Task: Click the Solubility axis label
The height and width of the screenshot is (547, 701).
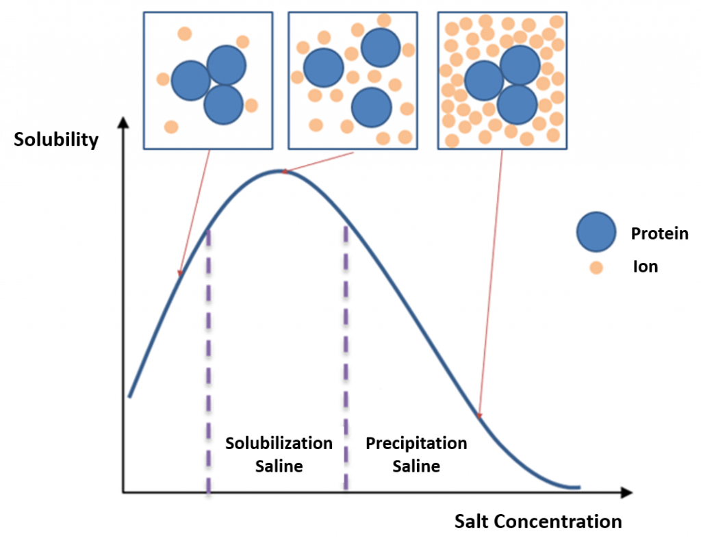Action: [56, 140]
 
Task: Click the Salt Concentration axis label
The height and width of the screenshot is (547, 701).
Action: [538, 522]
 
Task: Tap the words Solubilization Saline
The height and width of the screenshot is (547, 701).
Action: [279, 455]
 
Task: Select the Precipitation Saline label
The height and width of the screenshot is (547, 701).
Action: [416, 455]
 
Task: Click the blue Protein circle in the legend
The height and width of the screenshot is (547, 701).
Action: [596, 231]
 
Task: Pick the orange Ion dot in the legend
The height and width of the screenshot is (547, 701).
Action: [596, 268]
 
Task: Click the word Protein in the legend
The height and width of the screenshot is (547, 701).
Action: [659, 233]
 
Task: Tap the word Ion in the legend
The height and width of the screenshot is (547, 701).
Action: [646, 266]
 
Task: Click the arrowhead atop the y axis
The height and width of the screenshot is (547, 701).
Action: [123, 123]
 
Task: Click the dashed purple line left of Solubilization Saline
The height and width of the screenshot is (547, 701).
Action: [208, 362]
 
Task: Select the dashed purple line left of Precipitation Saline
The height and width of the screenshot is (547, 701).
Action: [346, 358]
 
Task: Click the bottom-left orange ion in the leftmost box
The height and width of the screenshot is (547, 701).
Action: [171, 127]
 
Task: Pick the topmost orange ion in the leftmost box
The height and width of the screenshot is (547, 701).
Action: [185, 34]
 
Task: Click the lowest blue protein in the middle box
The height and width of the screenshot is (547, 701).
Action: [372, 107]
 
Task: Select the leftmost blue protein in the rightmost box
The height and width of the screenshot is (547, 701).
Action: [484, 81]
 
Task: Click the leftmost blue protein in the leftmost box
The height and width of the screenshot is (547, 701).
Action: [191, 81]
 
